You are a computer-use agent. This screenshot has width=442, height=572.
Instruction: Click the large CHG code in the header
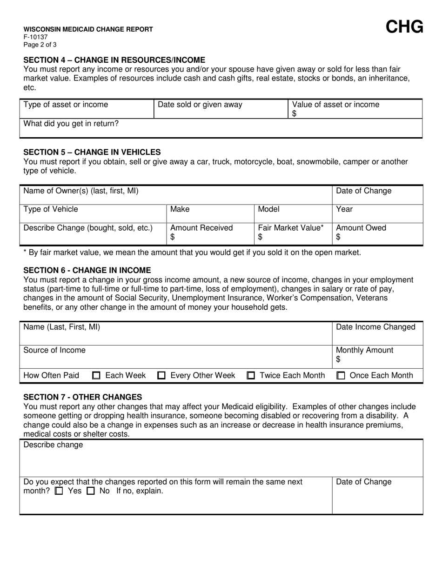pyautogui.click(x=404, y=27)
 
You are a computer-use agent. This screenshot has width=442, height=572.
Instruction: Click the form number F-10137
pyautogui.click(x=35, y=37)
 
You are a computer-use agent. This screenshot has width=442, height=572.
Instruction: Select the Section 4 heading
pyautogui.click(x=114, y=60)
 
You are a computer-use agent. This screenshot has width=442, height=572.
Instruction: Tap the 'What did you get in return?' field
pyautogui.click(x=221, y=129)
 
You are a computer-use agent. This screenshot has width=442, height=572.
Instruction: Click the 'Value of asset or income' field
pyautogui.click(x=355, y=109)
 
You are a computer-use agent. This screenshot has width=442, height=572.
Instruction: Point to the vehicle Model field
pyautogui.click(x=293, y=214)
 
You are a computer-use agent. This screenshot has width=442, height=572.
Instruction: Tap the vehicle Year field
pyautogui.click(x=377, y=214)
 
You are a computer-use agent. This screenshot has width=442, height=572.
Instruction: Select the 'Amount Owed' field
pyautogui.click(x=377, y=233)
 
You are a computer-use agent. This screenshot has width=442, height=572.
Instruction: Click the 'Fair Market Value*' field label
pyautogui.click(x=291, y=228)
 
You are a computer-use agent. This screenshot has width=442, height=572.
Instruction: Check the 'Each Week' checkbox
pyautogui.click(x=97, y=376)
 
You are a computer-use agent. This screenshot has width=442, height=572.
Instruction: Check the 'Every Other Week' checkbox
pyautogui.click(x=162, y=376)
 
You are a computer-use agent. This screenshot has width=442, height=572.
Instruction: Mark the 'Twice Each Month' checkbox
pyautogui.click(x=251, y=376)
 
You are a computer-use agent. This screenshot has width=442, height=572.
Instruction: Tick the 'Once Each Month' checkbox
pyautogui.click(x=341, y=376)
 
